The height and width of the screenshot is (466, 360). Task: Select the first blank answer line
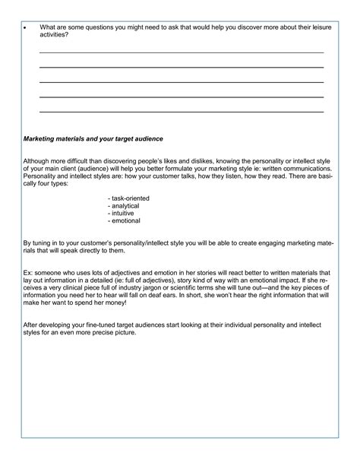pos(181,52)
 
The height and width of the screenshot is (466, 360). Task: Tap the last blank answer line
pos(181,111)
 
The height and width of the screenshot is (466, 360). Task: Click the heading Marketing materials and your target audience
pos(93,139)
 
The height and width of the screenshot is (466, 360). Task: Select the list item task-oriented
pos(129,198)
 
